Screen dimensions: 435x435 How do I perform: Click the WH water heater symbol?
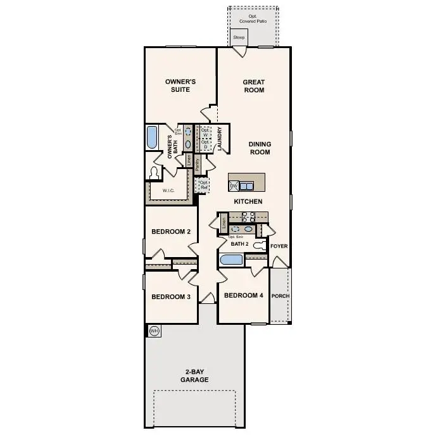[154, 331]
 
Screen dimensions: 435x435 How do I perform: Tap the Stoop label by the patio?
[239, 37]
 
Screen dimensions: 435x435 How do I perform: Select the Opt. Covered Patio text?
[252, 18]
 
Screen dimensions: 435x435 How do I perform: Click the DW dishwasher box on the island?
[233, 186]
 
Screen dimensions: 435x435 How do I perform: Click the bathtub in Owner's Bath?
[152, 137]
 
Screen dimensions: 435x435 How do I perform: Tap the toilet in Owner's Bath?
[154, 172]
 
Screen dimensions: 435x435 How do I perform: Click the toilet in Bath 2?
[259, 244]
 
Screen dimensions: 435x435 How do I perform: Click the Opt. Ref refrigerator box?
[203, 185]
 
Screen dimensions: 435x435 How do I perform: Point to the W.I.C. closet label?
[168, 190]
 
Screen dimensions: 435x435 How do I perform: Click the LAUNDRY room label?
[219, 140]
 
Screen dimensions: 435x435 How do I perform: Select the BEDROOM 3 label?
[171, 296]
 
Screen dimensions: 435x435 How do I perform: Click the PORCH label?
[280, 296]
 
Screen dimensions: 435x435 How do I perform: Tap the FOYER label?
[279, 246]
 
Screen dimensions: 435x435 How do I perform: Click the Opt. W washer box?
[205, 133]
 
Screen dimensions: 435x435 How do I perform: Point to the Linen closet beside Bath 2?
[224, 223]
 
